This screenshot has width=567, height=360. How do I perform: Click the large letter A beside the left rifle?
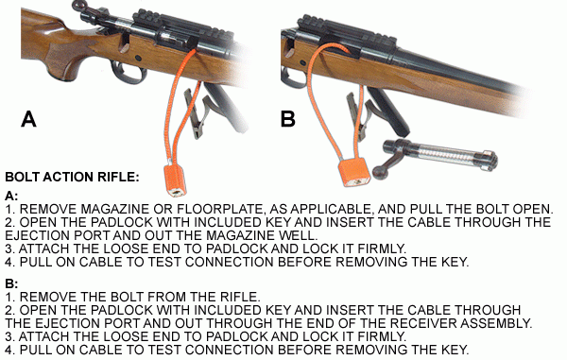click(x=28, y=119)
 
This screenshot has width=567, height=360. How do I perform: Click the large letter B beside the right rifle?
click(x=288, y=119)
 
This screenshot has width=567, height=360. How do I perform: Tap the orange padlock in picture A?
click(x=176, y=180)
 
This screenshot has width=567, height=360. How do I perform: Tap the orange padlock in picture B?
click(x=354, y=172)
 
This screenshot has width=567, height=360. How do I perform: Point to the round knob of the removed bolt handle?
click(x=381, y=172)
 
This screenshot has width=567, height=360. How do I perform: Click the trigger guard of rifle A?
click(x=129, y=73)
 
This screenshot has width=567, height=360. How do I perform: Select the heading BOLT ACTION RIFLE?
click(x=72, y=177)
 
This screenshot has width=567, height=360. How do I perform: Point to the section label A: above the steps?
click(x=11, y=196)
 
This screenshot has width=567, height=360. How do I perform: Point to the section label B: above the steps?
click(x=11, y=283)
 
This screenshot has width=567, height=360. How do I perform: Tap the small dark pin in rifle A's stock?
click(x=138, y=58)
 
